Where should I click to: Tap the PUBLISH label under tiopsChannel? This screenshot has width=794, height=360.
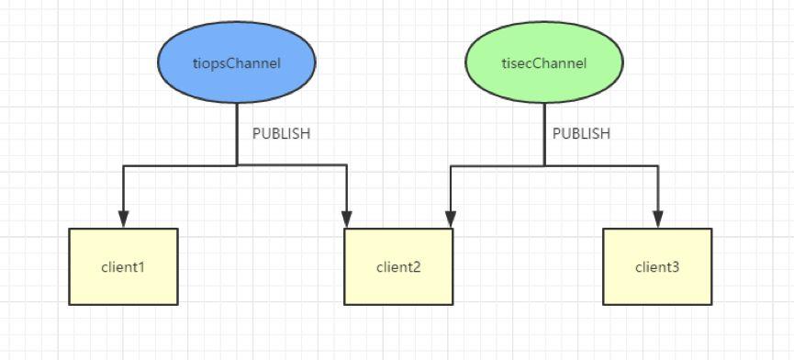point(281,133)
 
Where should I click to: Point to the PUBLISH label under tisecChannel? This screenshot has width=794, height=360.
point(581,133)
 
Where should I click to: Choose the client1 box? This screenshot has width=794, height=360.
point(123,267)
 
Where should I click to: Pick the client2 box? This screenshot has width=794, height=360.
point(398,267)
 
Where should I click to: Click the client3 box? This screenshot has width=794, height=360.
point(657,267)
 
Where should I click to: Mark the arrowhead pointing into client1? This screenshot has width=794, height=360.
point(123,219)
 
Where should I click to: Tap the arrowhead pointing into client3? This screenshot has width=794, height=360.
point(657,219)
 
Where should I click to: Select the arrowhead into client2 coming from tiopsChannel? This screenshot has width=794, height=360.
point(347,219)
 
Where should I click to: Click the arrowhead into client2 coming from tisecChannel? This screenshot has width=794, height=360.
point(450,219)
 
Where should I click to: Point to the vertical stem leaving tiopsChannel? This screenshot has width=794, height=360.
point(237,133)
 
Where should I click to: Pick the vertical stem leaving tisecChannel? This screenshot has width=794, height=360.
point(544,133)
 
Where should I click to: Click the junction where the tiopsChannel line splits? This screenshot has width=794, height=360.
point(237,166)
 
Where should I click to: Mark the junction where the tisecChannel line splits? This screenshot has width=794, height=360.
point(544,166)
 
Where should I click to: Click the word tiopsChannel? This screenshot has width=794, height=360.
point(237,62)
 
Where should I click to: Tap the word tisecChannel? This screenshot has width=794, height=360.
point(544,62)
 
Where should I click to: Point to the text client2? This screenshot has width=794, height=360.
point(398,268)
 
